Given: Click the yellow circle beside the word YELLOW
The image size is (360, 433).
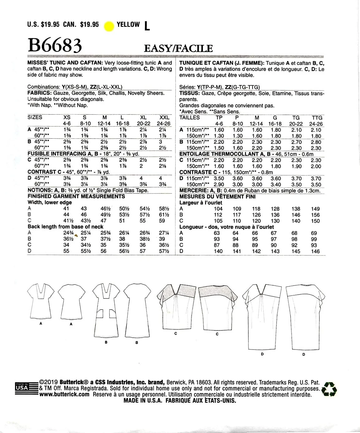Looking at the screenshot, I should (109, 26).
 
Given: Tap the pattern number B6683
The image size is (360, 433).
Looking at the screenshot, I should (55, 46).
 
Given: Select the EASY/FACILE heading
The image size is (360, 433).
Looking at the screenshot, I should (178, 49).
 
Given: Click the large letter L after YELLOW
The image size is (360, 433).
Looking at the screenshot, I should (147, 26).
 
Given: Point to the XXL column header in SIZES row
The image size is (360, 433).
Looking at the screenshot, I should (164, 117).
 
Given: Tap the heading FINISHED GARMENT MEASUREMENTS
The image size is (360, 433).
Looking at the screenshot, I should (76, 196).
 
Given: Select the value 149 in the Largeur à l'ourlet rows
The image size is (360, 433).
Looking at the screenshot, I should (316, 209).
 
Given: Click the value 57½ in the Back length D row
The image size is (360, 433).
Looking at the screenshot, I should (164, 251).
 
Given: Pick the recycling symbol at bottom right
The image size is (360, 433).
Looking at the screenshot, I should (329, 389).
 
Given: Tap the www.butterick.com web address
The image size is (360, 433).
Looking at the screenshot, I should (64, 394).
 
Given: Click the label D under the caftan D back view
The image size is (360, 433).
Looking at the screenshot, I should (303, 354).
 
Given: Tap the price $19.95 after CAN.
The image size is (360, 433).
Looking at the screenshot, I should (89, 25).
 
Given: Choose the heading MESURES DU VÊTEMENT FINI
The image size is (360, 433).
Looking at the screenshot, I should (217, 197).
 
